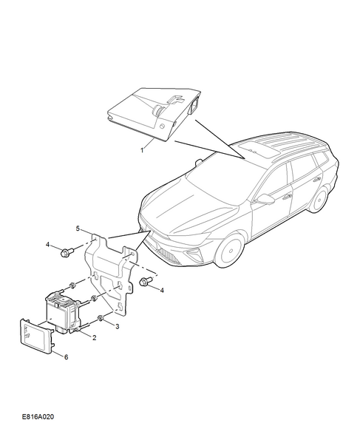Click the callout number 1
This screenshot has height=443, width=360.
point(142,150)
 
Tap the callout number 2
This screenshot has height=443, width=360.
point(95,337)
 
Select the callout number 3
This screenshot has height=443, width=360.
point(118,326)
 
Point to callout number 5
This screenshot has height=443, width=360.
point(78,228)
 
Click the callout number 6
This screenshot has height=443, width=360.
point(66,357)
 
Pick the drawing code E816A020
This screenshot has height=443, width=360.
point(38,416)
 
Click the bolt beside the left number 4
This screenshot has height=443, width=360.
point(67,251)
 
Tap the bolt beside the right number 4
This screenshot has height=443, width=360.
point(146,281)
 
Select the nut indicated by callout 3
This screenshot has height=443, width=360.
point(101,319)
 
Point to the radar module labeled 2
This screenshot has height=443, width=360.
point(64,311)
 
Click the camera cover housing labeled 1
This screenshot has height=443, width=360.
point(154,113)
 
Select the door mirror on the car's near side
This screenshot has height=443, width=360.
point(265,198)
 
